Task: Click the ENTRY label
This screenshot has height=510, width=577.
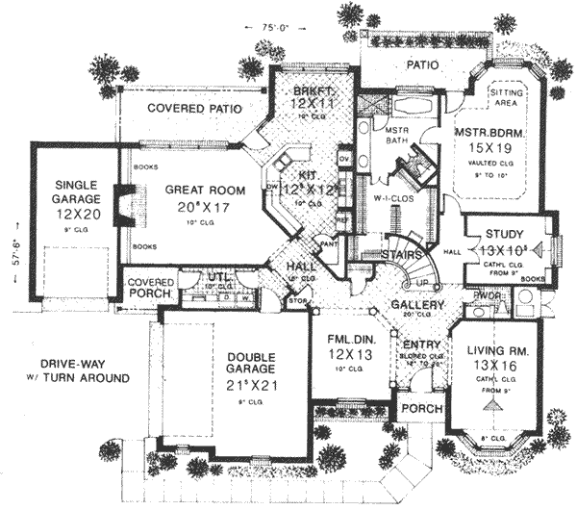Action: click(x=422, y=344)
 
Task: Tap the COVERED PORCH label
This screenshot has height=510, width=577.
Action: click(x=149, y=288)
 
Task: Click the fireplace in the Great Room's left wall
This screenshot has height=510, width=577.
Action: click(x=121, y=205)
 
